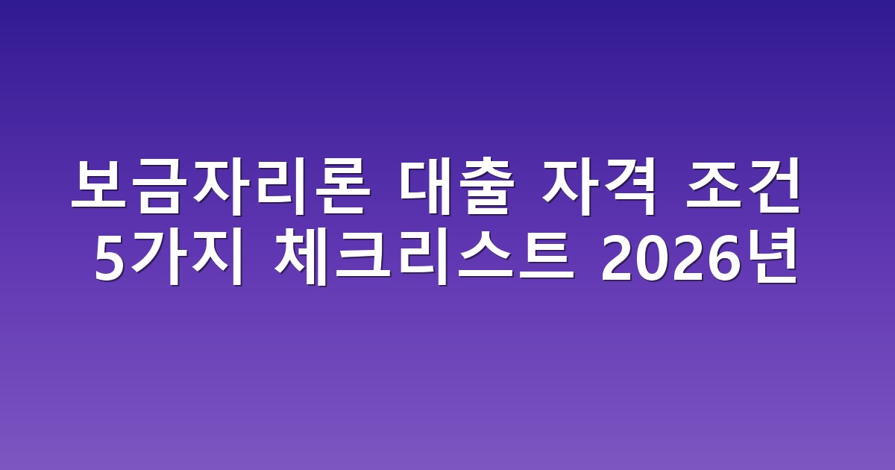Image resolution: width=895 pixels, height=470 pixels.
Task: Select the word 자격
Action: point(598,186)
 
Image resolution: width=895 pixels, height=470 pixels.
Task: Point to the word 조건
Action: point(743,186)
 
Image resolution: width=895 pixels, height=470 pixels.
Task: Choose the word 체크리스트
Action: point(424,258)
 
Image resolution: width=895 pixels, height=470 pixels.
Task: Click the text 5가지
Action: point(169,258)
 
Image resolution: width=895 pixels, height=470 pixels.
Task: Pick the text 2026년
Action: point(700,258)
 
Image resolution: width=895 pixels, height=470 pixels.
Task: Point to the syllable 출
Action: point(486,187)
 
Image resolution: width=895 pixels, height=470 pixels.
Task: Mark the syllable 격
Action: point(628,187)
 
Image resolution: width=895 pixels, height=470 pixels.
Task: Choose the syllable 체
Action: point(301,258)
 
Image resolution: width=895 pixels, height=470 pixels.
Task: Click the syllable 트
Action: point(546,257)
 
